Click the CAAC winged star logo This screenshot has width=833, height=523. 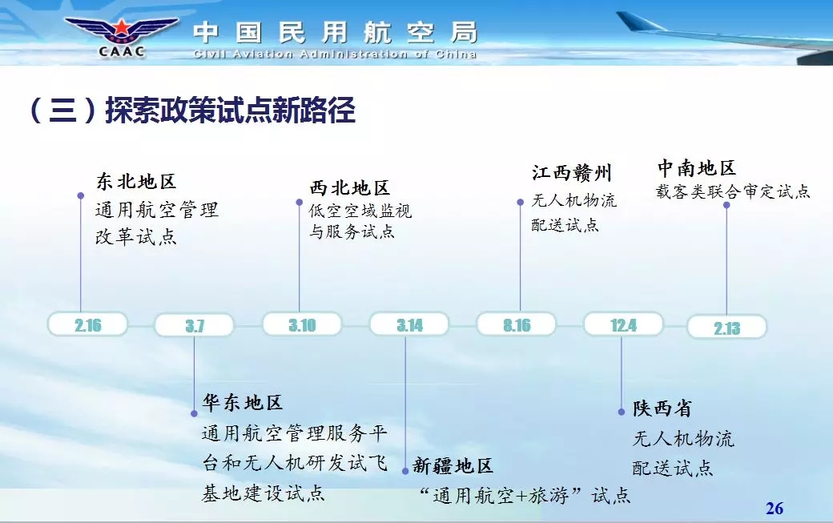point(122,36)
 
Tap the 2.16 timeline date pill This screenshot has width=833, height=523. point(87,324)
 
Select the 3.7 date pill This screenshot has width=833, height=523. point(195,325)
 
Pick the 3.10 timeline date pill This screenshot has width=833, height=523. point(302,324)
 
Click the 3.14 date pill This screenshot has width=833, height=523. point(409,324)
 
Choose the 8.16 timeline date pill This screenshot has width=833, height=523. point(517,324)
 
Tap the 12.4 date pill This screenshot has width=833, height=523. point(624,324)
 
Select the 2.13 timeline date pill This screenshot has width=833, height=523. point(727,327)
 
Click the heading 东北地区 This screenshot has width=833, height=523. point(136,182)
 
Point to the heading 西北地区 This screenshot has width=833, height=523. point(349,188)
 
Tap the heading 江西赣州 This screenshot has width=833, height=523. point(572,173)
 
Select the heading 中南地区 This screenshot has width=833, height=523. point(697,168)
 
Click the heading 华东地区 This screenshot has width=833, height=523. point(242,403)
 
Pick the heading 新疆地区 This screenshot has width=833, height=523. point(453,465)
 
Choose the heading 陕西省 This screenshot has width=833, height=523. point(662,408)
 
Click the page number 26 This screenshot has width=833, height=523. point(775,508)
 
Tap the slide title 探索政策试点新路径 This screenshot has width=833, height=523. point(230,111)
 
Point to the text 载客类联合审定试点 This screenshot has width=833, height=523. point(733,191)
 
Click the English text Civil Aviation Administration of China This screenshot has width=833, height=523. point(335,54)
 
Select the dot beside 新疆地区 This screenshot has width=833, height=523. point(405,471)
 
